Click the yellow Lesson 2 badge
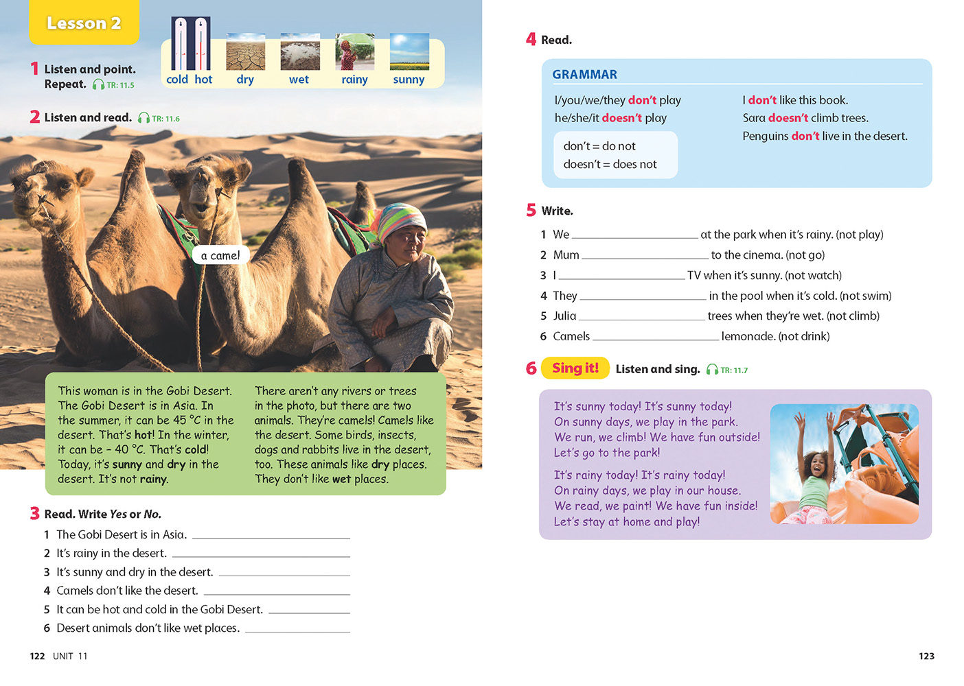84,23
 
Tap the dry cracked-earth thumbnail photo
245,52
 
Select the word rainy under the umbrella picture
354,80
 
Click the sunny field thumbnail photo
409,52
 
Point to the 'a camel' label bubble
220,256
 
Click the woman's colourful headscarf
400,220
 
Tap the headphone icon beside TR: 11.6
144,119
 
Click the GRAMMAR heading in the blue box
584,74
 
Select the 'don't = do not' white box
615,155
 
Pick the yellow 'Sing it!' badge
575,368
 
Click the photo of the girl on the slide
844,464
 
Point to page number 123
926,656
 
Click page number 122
37,656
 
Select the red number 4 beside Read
531,40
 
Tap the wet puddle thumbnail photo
300,52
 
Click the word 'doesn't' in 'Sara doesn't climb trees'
788,118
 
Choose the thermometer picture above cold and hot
190,44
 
